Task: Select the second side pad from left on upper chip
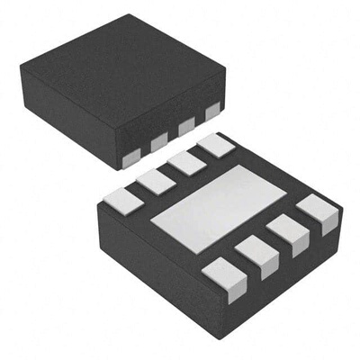pos(160,142)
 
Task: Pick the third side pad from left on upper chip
pos(186,128)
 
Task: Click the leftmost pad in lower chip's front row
pos(221,276)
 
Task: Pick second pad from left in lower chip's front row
pos(258,254)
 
